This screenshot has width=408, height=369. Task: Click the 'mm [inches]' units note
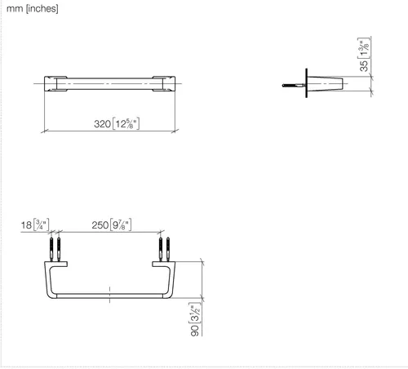[x=33, y=8]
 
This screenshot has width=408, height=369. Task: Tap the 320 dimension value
[x=102, y=124]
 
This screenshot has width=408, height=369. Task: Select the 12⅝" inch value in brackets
[x=126, y=123]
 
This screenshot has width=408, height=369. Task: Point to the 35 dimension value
[x=364, y=66]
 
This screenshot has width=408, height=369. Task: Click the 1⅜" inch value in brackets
[x=364, y=48]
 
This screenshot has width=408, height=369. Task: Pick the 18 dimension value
[x=26, y=225]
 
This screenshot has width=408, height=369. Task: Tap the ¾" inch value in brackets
[x=42, y=225]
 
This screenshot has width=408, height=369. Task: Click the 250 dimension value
[x=100, y=225]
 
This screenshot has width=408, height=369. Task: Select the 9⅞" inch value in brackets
[x=121, y=225]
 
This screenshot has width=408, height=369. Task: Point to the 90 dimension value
[x=195, y=331]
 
